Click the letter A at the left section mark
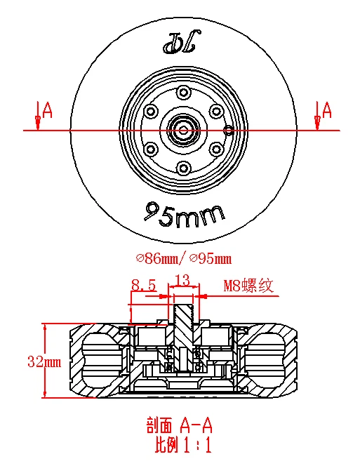(x=47, y=109)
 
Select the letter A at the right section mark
(x=326, y=109)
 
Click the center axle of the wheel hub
(x=182, y=130)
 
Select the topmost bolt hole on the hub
(x=183, y=92)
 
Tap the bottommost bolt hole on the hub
(x=183, y=167)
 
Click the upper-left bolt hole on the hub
(x=150, y=111)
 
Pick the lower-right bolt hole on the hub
(x=215, y=149)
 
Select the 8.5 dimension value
(x=144, y=285)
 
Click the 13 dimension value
(x=182, y=281)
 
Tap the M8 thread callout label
(x=248, y=286)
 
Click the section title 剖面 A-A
(x=180, y=426)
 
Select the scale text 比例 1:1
(x=182, y=444)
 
